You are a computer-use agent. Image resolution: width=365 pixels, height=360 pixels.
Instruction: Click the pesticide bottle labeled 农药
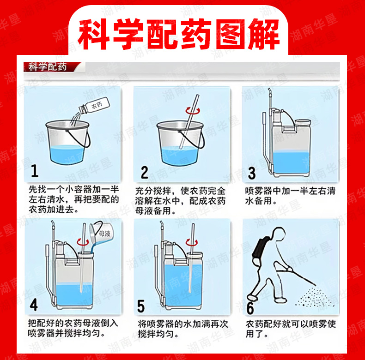click(x=94, y=106)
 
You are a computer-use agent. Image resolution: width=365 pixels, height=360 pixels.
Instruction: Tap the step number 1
click(x=35, y=171)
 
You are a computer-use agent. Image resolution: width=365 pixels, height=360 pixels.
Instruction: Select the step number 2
click(x=144, y=172)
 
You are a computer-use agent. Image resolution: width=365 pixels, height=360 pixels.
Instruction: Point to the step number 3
click(x=252, y=173)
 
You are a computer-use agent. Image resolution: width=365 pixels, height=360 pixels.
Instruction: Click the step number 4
click(x=34, y=305)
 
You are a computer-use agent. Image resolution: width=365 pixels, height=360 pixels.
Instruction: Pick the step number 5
click(x=141, y=306)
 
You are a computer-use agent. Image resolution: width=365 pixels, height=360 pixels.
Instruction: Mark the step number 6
click(x=250, y=308)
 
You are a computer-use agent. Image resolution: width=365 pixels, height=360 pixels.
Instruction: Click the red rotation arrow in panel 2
click(x=193, y=111)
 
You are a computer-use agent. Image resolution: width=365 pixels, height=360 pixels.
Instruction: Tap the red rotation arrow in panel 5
click(x=192, y=243)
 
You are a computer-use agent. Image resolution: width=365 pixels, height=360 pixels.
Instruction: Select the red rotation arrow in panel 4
click(x=83, y=242)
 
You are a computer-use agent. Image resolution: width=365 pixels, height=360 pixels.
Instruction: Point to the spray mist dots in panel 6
click(x=315, y=297)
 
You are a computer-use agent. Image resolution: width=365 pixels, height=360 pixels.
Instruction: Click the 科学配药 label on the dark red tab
click(x=47, y=67)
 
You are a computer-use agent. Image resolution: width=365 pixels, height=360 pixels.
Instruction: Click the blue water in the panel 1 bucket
click(x=67, y=155)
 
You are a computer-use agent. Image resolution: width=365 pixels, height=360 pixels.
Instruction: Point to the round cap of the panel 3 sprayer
click(x=303, y=122)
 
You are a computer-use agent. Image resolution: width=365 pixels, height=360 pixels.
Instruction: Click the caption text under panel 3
click(x=290, y=196)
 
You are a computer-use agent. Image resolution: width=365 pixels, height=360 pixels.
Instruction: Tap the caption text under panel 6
click(x=291, y=329)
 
